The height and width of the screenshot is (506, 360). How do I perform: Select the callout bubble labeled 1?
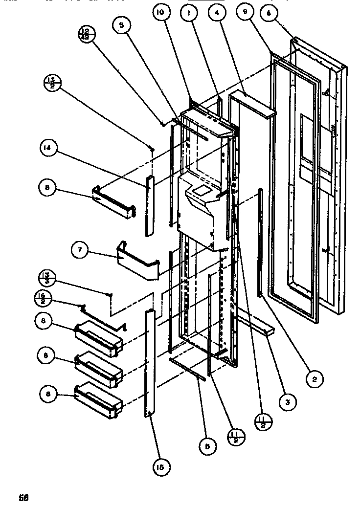coord(187,14)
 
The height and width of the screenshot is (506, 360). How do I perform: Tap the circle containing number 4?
coord(214,14)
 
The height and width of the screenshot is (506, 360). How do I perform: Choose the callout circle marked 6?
coord(269,14)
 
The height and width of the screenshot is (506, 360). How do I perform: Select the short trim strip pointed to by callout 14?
coord(149,205)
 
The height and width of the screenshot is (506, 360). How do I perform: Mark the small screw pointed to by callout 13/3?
coord(112,294)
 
